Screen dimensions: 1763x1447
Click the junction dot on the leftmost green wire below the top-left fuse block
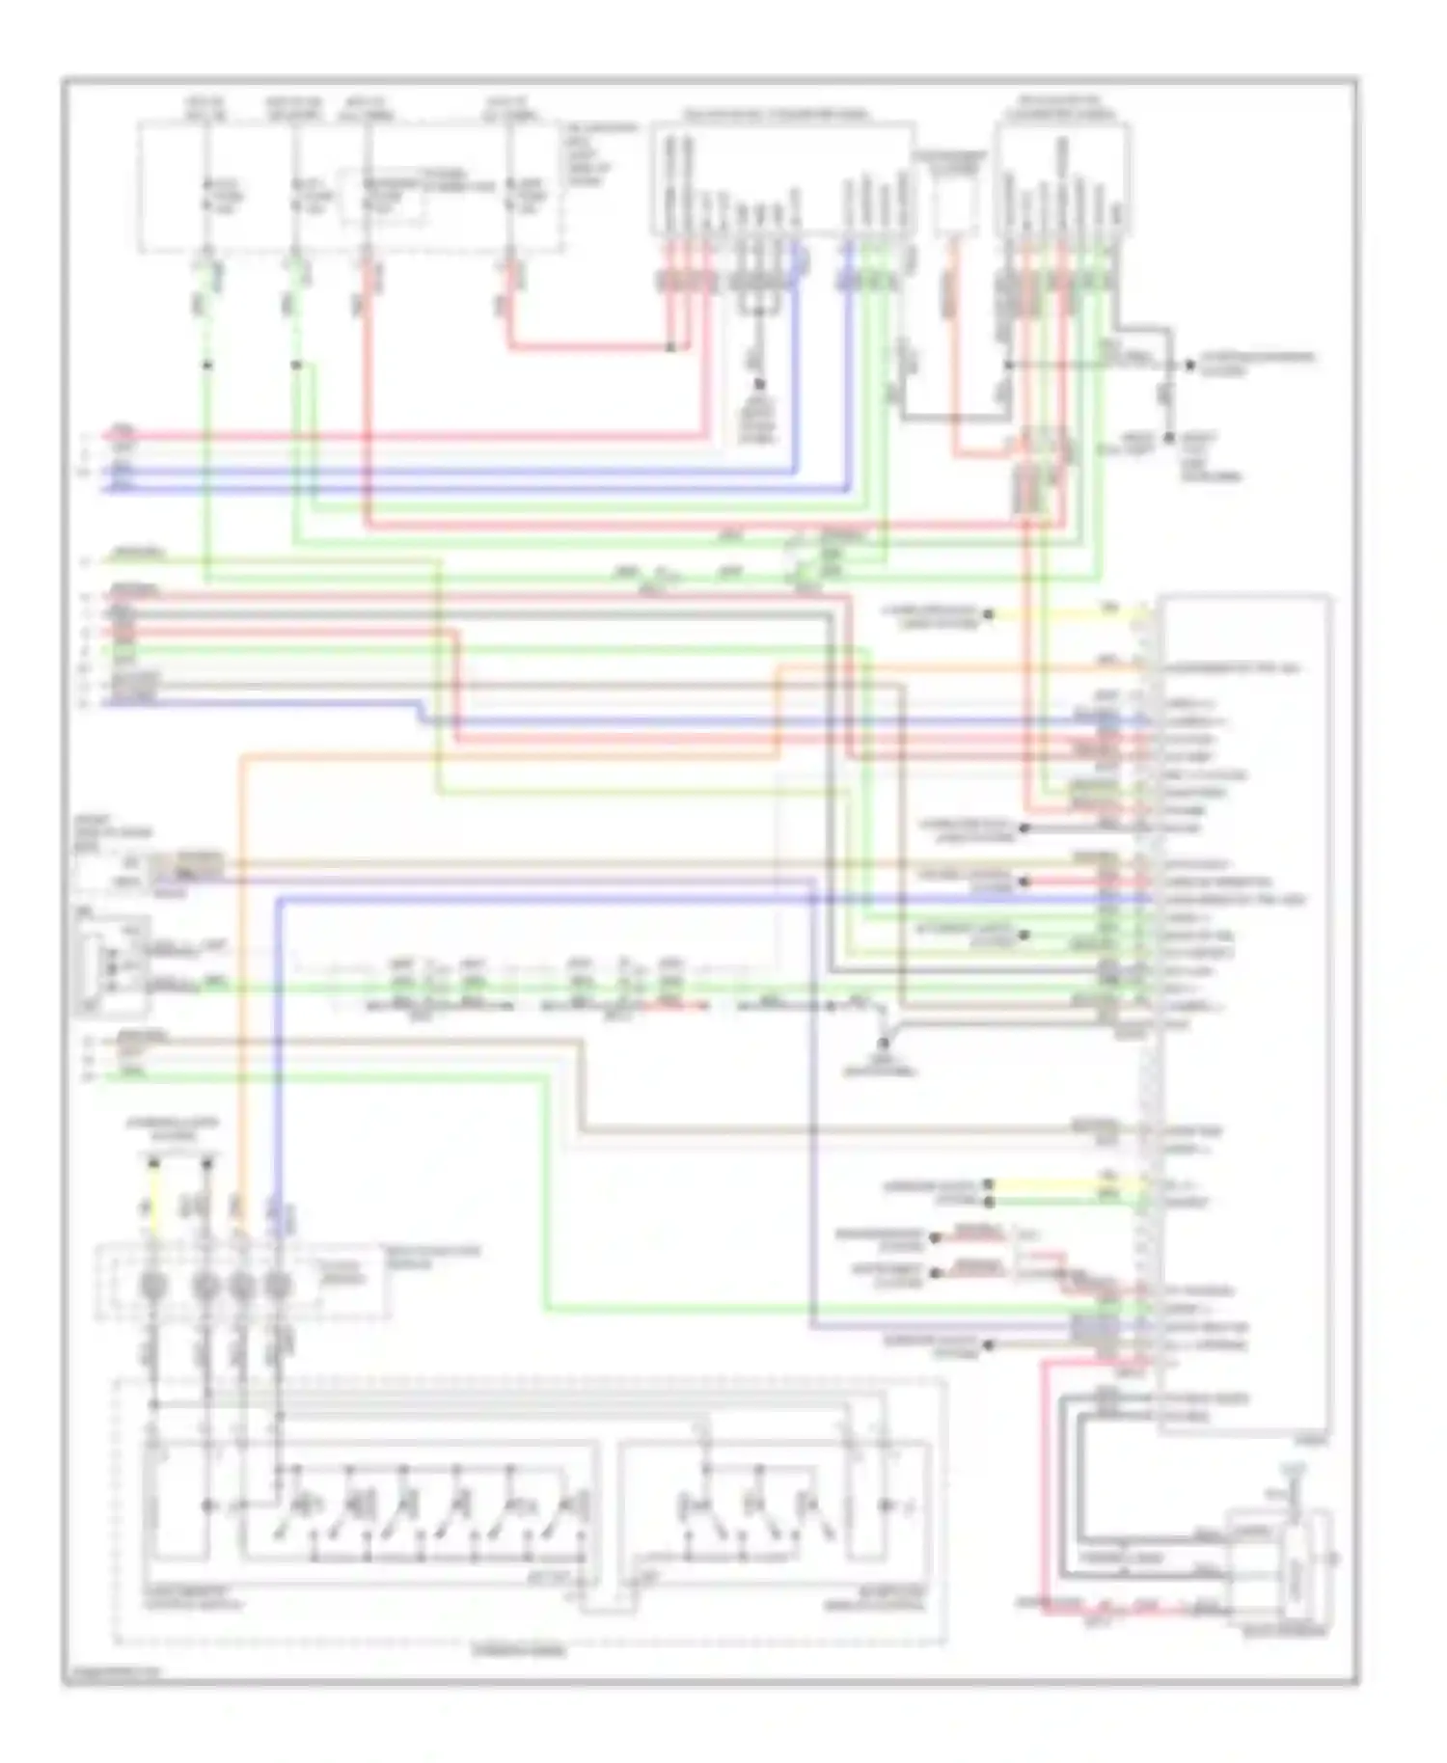[206, 366]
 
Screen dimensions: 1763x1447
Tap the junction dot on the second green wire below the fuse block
[296, 366]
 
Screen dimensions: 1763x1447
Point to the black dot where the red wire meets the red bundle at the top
[671, 347]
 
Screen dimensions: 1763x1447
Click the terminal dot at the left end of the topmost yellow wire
[988, 614]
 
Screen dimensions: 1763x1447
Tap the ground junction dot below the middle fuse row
[883, 1043]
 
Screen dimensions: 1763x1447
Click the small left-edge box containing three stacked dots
[112, 964]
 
